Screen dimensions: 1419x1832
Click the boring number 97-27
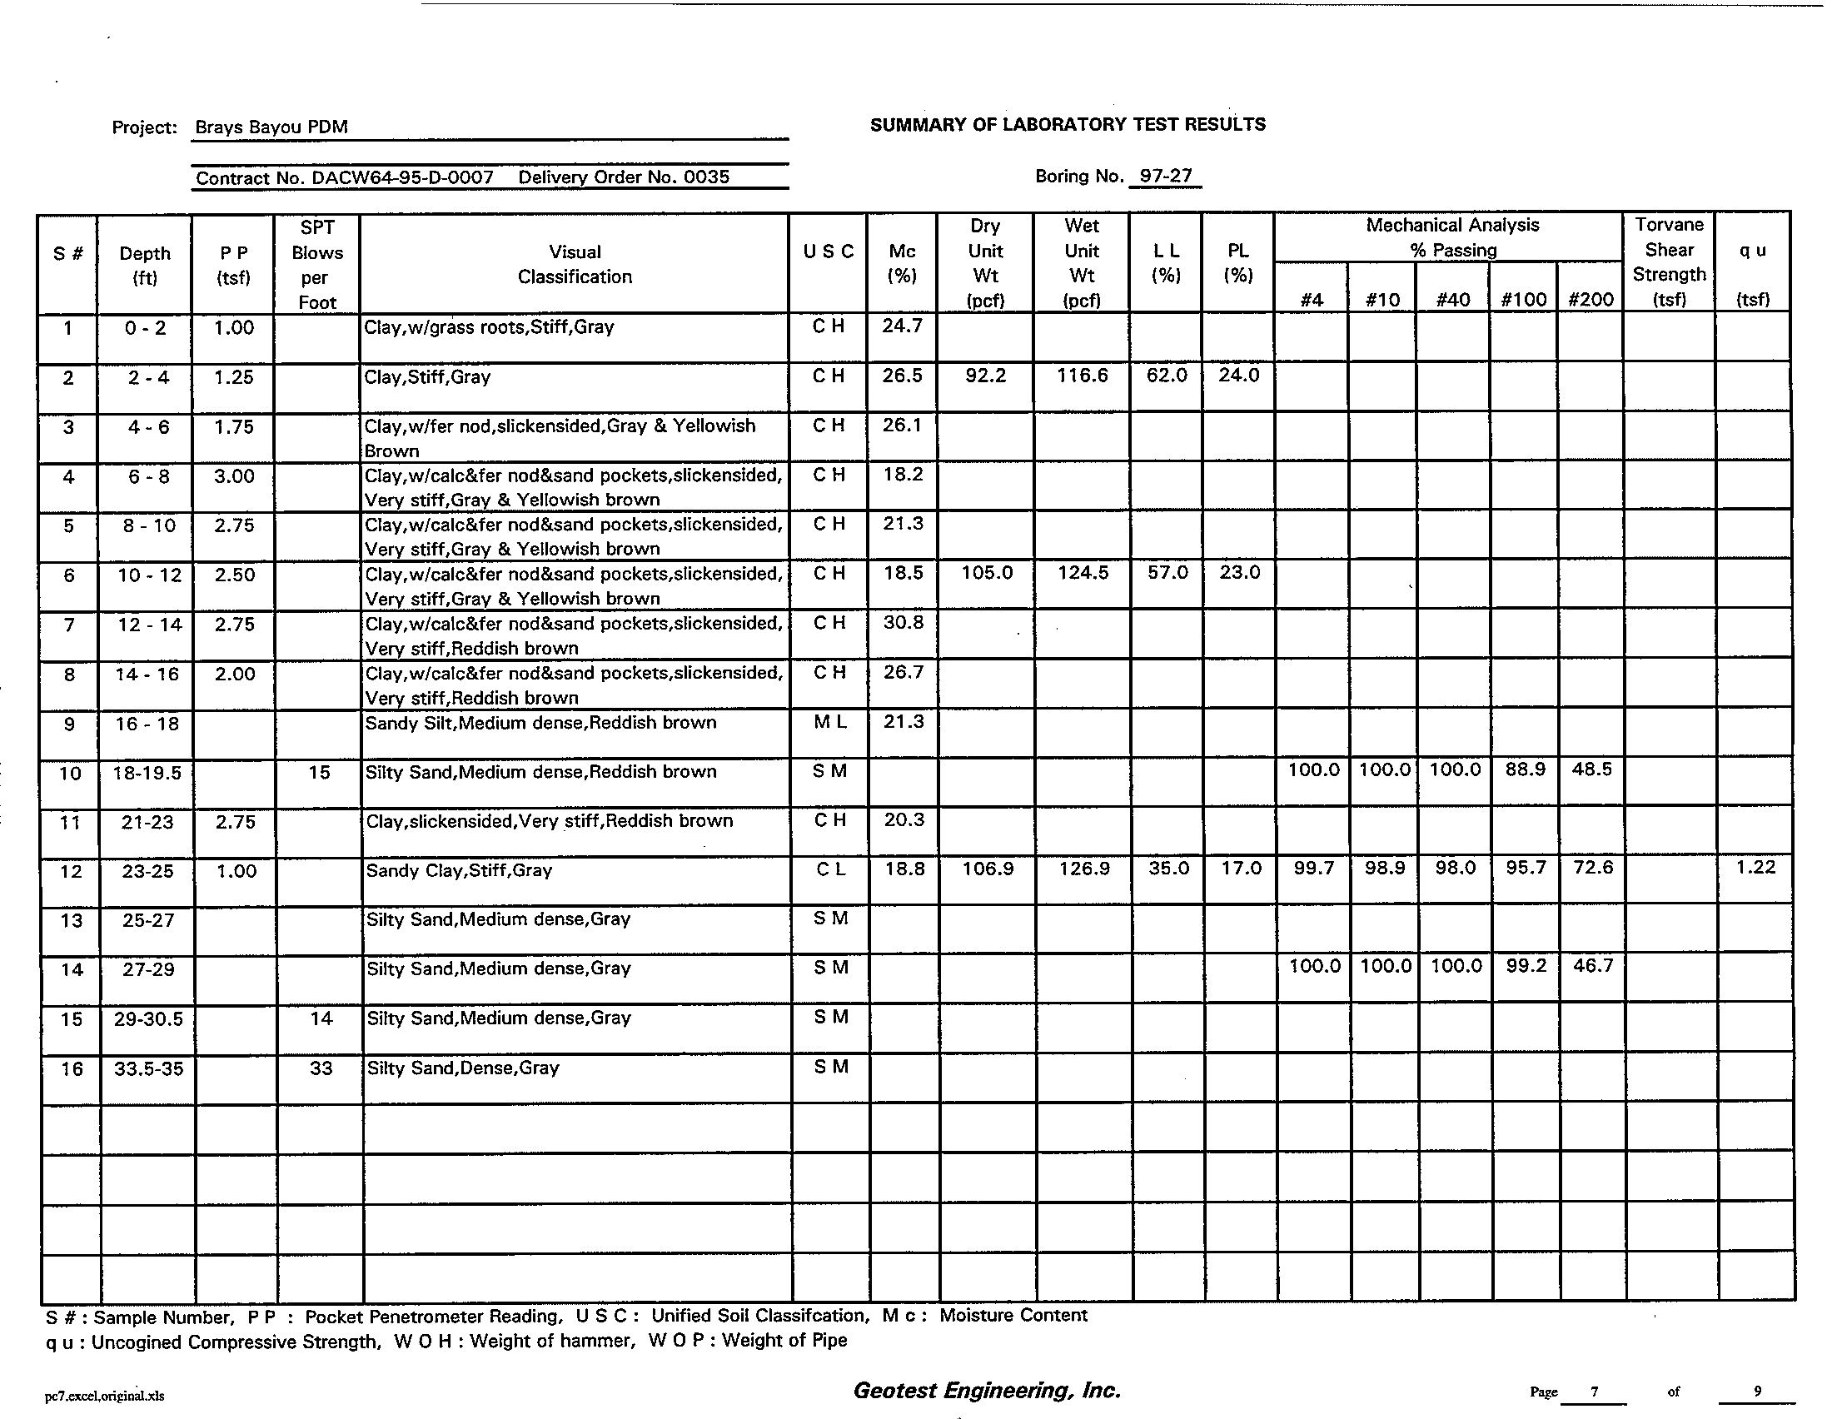pos(1165,176)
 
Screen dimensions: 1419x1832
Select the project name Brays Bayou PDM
pos(271,127)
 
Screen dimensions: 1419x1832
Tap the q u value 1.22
pos(1755,868)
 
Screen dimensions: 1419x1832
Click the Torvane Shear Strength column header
pos(1669,261)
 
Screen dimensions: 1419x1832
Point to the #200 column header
pos(1591,300)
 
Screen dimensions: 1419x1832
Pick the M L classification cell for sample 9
pos(829,722)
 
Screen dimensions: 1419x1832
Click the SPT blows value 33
pos(321,1068)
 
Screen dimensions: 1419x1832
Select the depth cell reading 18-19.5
pos(147,774)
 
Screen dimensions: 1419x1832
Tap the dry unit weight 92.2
pos(985,376)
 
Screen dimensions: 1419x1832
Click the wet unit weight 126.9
pos(1083,869)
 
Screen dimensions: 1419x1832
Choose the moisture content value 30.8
pos(903,623)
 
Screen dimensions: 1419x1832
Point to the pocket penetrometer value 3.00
pos(234,476)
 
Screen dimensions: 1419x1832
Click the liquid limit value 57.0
pos(1167,573)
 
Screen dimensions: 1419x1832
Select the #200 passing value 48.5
pos(1591,770)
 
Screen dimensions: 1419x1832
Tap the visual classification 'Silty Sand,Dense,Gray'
pos(463,1068)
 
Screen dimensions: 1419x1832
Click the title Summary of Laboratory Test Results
pos(1067,125)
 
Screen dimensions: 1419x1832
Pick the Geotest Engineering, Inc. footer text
pos(987,1391)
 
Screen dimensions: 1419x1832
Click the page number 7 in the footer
pos(1594,1392)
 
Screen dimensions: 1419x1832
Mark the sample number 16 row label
pos(72,1069)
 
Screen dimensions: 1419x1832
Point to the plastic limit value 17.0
pos(1241,869)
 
